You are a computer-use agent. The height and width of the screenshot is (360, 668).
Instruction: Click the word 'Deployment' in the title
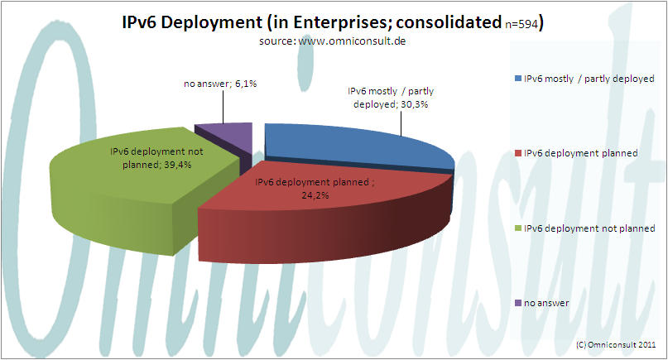tap(215, 22)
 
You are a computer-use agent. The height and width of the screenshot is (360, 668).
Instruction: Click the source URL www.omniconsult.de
tap(369, 40)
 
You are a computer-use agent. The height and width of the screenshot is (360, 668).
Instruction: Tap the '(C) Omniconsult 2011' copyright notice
tap(615, 343)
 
